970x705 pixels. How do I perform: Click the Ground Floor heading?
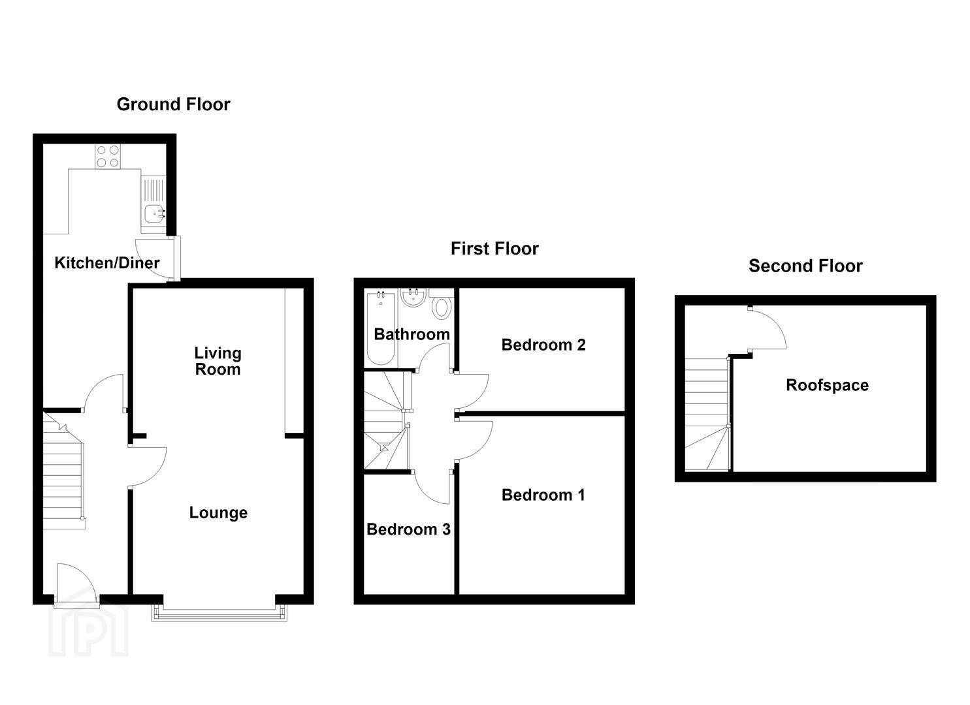[173, 104]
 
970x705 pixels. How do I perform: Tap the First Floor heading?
[494, 249]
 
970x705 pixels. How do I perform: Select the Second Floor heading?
[805, 266]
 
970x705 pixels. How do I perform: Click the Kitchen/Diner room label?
[107, 262]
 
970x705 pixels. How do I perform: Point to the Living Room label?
[218, 361]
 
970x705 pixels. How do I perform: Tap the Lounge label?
[218, 512]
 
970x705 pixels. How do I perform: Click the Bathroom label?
[412, 334]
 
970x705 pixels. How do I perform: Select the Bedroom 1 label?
[543, 495]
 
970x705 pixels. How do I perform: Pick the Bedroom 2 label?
[543, 345]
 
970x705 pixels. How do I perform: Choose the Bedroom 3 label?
[408, 529]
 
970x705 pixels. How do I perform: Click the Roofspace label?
[827, 385]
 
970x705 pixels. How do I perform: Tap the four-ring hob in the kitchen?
[108, 156]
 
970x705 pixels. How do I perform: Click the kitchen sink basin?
[154, 213]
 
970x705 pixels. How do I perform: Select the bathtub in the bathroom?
[381, 329]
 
